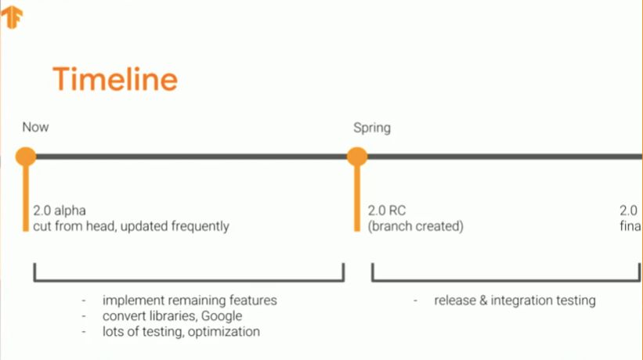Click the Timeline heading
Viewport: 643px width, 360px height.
[114, 80]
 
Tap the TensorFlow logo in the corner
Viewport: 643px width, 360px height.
[12, 17]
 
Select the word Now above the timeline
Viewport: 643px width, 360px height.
[35, 128]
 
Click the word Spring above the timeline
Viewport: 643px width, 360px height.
[371, 128]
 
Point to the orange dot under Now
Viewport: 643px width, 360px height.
[26, 157]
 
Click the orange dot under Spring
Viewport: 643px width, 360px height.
[357, 157]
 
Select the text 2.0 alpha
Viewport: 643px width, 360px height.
[59, 211]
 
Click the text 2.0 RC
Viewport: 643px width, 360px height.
[387, 211]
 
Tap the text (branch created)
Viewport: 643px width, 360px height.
[416, 226]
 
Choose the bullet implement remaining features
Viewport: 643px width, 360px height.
[190, 301]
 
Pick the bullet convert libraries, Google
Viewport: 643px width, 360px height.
[172, 316]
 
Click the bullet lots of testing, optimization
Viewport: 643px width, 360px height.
[181, 332]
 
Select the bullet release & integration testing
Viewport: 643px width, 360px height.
[515, 301]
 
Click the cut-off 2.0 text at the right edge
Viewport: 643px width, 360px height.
[629, 211]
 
